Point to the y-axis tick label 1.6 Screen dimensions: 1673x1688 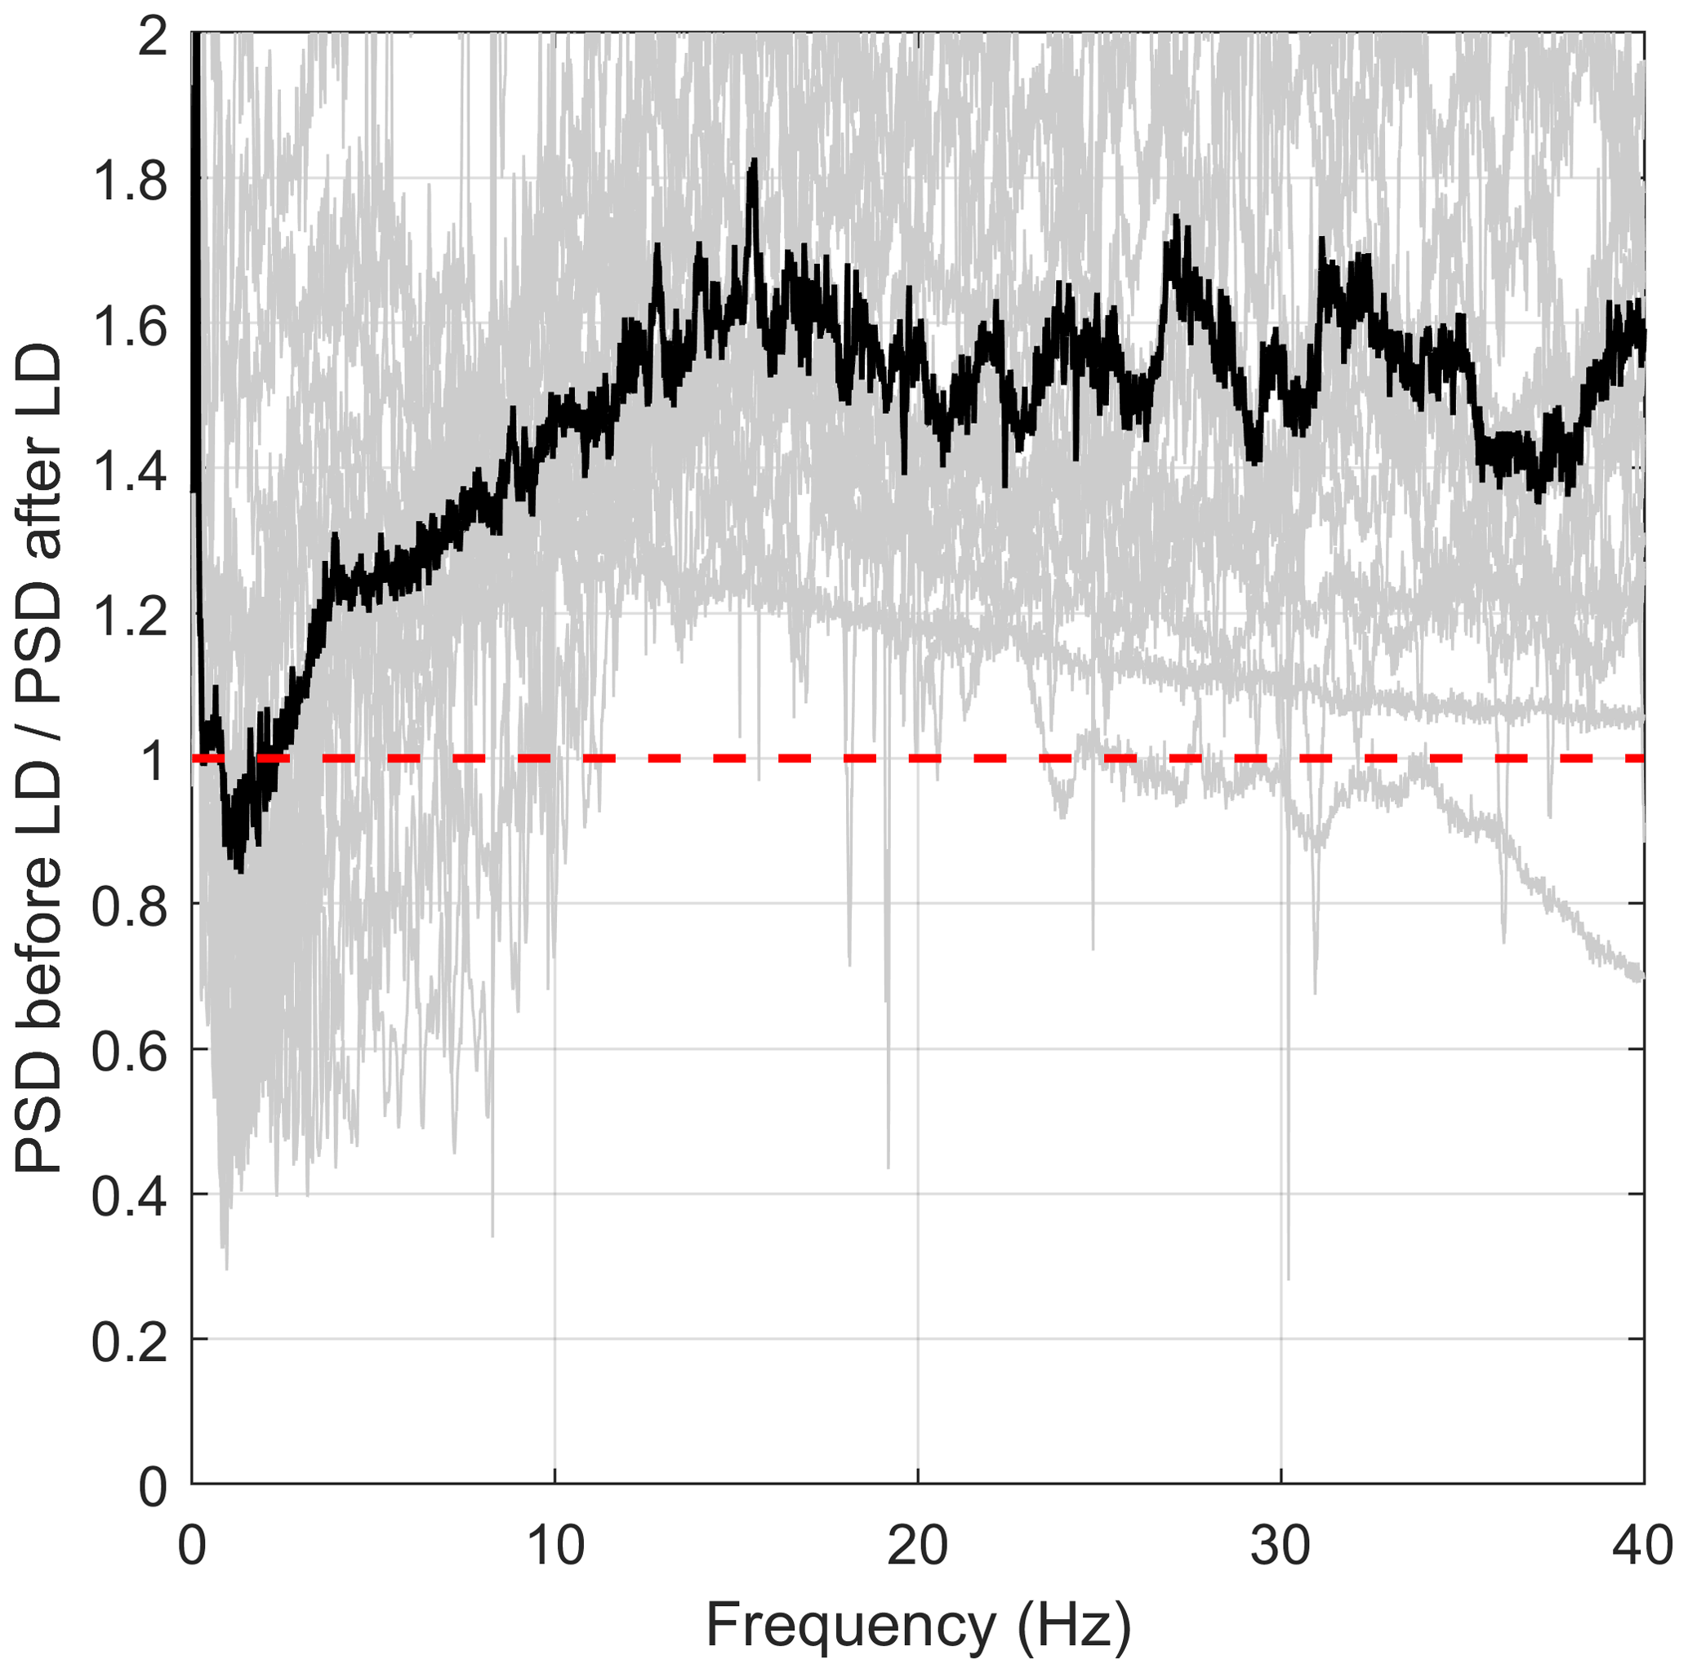130,327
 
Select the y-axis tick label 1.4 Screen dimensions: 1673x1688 130,472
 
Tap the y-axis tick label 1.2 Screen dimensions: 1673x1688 130,616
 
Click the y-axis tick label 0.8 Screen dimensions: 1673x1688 130,907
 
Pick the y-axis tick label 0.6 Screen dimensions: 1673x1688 130,1052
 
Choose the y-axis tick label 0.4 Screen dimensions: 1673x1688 130,1197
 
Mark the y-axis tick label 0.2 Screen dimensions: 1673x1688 130,1342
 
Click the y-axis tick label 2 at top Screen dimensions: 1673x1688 152,37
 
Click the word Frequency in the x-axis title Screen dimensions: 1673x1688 850,1626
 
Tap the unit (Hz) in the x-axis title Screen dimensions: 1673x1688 1074,1626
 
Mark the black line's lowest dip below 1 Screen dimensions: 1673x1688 239,870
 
